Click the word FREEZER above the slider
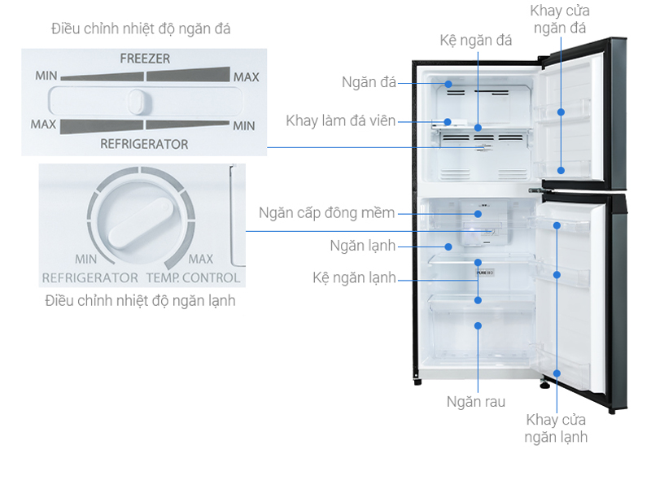point(145,59)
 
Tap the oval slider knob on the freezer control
point(137,101)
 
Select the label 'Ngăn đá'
point(369,82)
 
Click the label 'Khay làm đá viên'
point(340,120)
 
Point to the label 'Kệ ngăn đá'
point(476,40)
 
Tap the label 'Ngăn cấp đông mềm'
point(327,213)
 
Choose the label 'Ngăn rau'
point(476,402)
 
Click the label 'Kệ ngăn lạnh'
point(354,277)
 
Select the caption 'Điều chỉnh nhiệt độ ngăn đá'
point(141,28)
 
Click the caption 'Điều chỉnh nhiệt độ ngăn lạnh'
point(140,301)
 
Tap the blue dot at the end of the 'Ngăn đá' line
point(448,84)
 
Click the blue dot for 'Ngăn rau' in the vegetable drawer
point(478,325)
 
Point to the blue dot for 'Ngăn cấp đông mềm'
point(478,214)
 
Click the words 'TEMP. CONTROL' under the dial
point(193,277)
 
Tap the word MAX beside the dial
point(200,259)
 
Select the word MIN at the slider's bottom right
point(243,126)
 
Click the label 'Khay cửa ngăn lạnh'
point(556,428)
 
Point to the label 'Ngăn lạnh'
point(362,246)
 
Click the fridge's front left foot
point(417,382)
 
